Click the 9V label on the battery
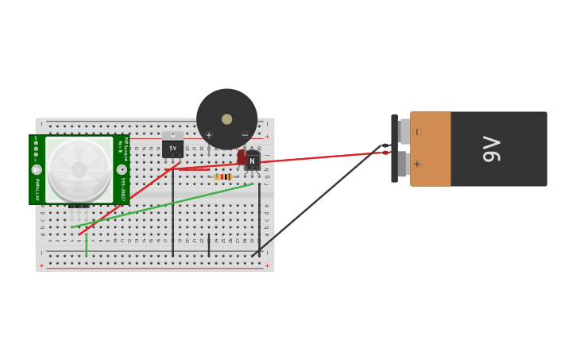pyautogui.click(x=492, y=149)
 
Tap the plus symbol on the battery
pyautogui.click(x=416, y=165)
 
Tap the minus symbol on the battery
pyautogui.click(x=416, y=132)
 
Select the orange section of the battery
pyautogui.click(x=431, y=149)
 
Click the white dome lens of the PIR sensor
pyautogui.click(x=79, y=169)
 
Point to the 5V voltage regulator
pyautogui.click(x=172, y=147)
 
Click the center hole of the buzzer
pyautogui.click(x=227, y=119)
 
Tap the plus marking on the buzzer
pyautogui.click(x=209, y=135)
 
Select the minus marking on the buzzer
pyautogui.click(x=245, y=135)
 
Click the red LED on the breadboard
pyautogui.click(x=241, y=157)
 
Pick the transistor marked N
pyautogui.click(x=252, y=161)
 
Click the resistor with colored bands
pyautogui.click(x=222, y=176)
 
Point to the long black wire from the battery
pyautogui.click(x=318, y=202)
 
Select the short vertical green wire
pyautogui.click(x=86, y=245)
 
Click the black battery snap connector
pyautogui.click(x=394, y=149)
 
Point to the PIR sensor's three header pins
pyautogui.click(x=78, y=208)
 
